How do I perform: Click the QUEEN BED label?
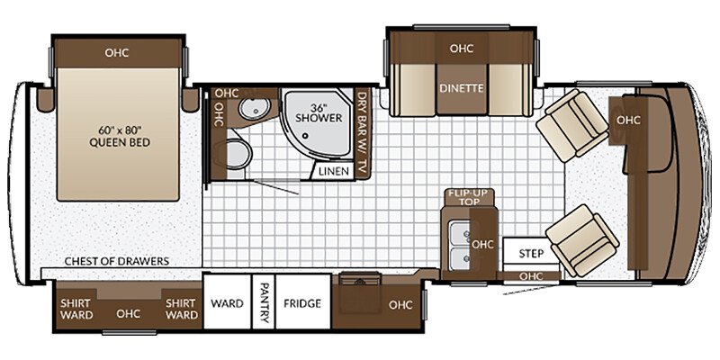click(120, 142)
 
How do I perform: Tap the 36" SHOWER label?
click(319, 113)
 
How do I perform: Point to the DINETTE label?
click(462, 88)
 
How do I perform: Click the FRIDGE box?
click(302, 301)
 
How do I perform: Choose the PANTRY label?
click(263, 302)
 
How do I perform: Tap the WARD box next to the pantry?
click(228, 301)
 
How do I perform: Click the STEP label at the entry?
click(531, 254)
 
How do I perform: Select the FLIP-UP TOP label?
click(470, 196)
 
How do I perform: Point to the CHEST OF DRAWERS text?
click(117, 261)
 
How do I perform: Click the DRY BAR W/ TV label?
click(363, 132)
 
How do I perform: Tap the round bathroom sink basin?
click(251, 109)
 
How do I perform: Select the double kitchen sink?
click(459, 246)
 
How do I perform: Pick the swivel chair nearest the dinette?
click(572, 125)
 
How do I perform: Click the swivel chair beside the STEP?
click(582, 241)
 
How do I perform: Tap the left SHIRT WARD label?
click(76, 309)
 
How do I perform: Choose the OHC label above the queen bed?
click(117, 53)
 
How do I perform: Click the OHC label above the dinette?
click(462, 49)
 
